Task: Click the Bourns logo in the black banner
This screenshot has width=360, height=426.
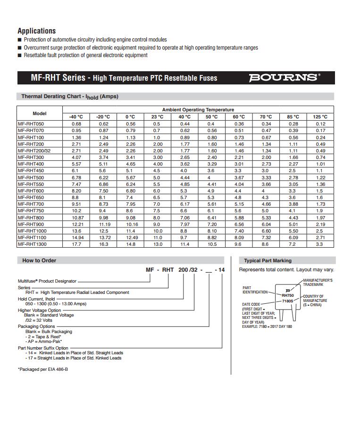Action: click(284, 77)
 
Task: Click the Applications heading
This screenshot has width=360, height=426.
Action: click(36, 31)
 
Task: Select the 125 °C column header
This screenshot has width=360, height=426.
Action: click(320, 117)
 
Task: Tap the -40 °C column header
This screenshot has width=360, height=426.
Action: click(76, 117)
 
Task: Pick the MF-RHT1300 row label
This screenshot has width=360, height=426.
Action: click(33, 244)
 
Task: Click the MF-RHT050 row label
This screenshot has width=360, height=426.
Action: click(31, 124)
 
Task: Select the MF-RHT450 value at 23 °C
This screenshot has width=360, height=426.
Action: click(157, 170)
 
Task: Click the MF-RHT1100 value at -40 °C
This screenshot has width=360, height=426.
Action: click(76, 238)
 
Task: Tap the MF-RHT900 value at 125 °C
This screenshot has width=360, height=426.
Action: click(320, 224)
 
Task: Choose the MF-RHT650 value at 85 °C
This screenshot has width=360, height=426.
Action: click(293, 197)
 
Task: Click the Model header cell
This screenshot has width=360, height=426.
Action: click(40, 113)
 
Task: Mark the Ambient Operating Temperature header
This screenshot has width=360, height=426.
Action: click(198, 109)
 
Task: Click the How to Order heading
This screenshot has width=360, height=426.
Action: click(39, 260)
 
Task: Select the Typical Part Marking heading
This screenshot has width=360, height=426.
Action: click(268, 260)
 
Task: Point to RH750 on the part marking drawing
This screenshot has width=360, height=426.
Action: click(288, 295)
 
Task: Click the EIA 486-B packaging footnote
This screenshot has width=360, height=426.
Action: click(43, 369)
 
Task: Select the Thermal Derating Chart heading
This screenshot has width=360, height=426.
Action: click(70, 97)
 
